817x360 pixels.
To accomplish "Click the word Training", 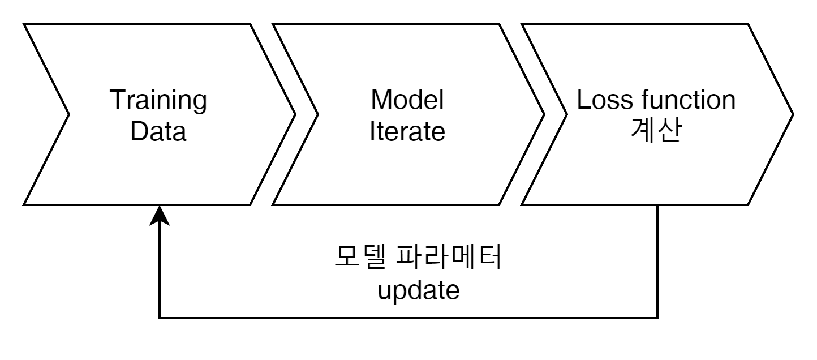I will tap(158, 101).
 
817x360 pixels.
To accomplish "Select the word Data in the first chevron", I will tap(158, 132).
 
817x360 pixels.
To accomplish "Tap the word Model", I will tap(407, 101).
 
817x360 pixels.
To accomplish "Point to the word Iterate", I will tap(407, 132).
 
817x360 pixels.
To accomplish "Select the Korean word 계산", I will tap(656, 131).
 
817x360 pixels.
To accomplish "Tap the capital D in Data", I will tap(137, 132).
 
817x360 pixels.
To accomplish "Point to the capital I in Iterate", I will tap(372, 132).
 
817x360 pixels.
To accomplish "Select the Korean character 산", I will tap(668, 131).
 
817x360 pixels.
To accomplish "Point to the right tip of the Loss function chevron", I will tap(790, 114).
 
